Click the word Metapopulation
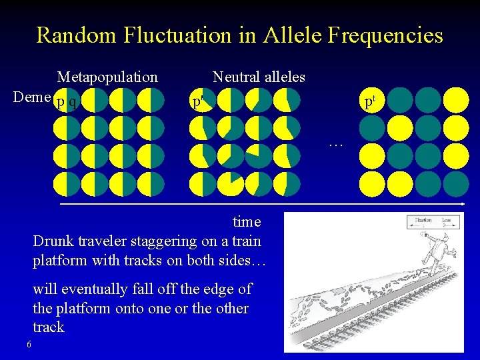[107, 77]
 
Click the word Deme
[32, 97]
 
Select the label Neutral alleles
[259, 77]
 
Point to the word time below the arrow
[247, 221]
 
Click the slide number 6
[29, 344]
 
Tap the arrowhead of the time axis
[462, 202]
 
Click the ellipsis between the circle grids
[335, 143]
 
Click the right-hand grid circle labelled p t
[372, 101]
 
